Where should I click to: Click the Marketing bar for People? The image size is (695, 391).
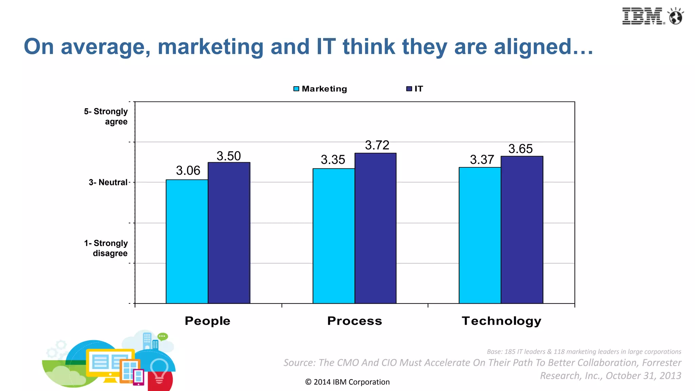tap(187, 241)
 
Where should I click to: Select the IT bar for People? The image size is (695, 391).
tap(229, 233)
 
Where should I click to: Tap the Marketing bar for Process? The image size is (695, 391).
tap(334, 236)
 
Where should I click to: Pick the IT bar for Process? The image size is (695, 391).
tap(375, 228)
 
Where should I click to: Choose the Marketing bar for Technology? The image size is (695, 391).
tap(480, 235)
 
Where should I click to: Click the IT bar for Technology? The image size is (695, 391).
tap(522, 230)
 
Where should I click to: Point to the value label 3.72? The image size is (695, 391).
tap(377, 145)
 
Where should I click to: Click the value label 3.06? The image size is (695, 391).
tap(188, 170)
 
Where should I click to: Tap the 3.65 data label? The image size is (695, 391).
tap(520, 149)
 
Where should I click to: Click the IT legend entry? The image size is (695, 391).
tap(415, 89)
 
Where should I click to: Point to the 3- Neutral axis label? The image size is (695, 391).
tap(108, 182)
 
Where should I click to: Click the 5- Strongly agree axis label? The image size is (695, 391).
tap(106, 116)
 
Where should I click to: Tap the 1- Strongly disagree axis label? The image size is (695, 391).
tap(106, 248)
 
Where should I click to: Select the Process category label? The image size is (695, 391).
tap(355, 321)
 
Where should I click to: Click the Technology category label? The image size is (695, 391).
tap(501, 321)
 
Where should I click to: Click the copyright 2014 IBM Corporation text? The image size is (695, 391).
tap(347, 382)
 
